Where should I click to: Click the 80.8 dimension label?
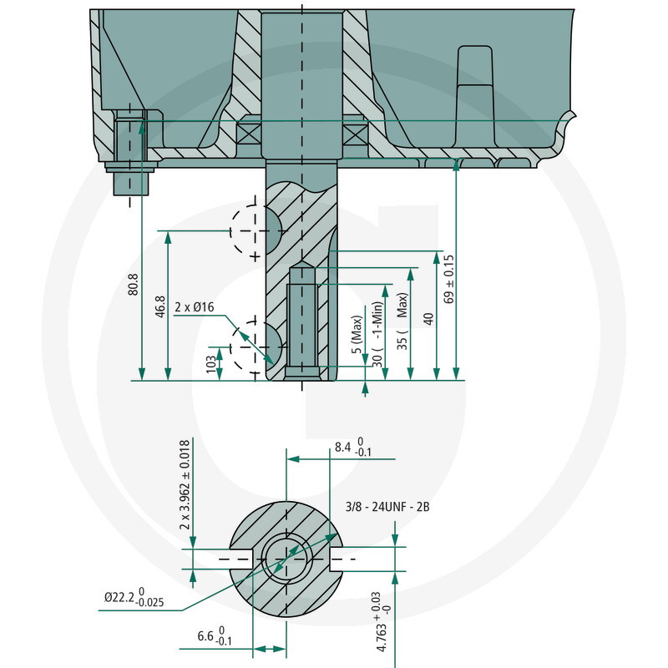click(134, 284)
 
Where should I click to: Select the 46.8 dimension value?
click(160, 306)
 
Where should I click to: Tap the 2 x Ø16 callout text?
click(195, 307)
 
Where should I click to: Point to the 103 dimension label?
click(211, 365)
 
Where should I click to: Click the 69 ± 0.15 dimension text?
click(449, 279)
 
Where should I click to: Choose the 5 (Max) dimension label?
click(357, 335)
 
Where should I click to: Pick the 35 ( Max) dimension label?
click(402, 321)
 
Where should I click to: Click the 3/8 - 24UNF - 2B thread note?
click(387, 507)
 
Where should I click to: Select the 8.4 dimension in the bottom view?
click(352, 447)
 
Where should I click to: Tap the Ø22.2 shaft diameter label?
click(134, 596)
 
